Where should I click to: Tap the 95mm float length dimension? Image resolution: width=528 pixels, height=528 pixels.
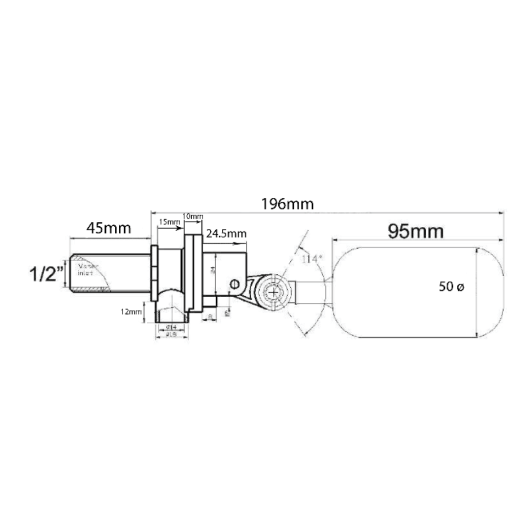(x=416, y=232)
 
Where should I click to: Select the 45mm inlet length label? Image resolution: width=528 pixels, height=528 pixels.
(x=109, y=228)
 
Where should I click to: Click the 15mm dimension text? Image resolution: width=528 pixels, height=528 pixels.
(x=169, y=222)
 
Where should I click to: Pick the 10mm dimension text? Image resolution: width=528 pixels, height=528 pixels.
(x=193, y=216)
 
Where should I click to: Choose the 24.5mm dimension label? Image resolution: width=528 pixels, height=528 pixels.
(x=226, y=234)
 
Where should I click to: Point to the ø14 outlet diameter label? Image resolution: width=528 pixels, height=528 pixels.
(x=171, y=327)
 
